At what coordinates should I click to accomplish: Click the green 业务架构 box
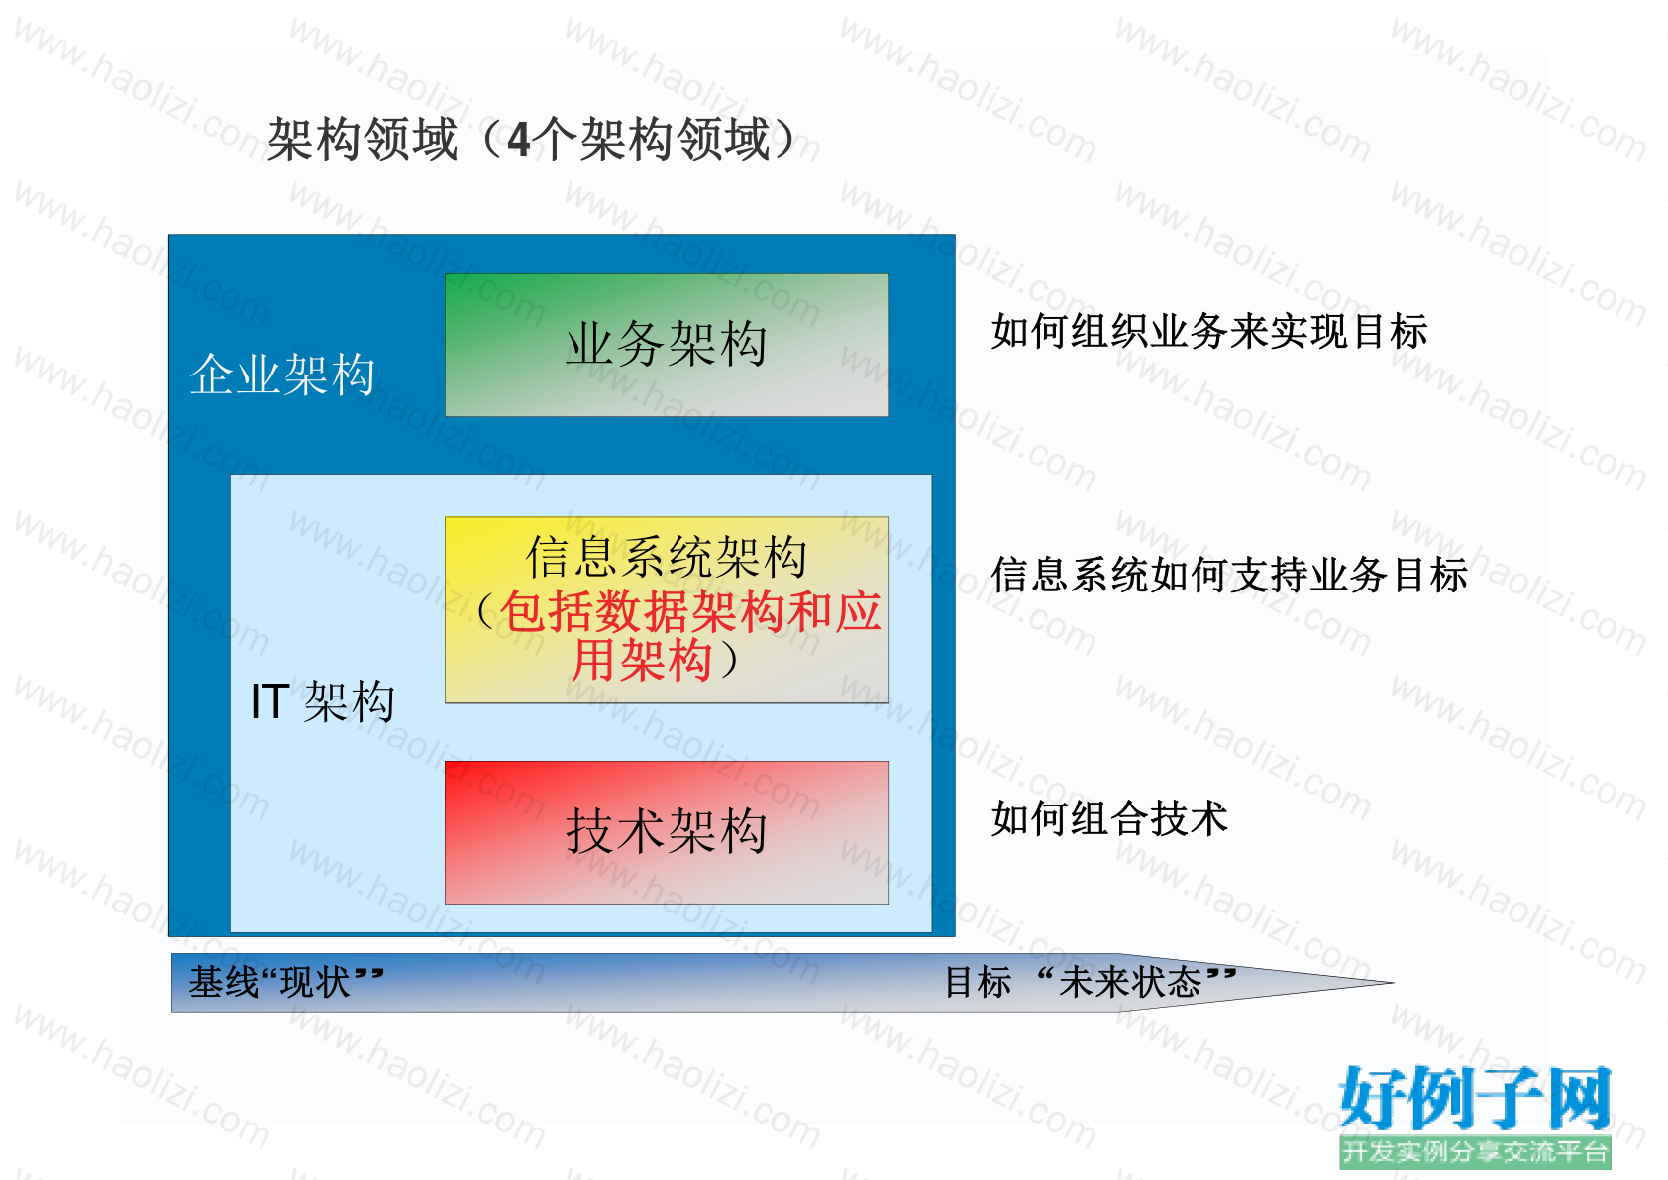coord(667,345)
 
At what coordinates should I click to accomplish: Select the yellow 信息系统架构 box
coord(667,609)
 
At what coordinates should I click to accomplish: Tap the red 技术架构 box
coord(667,832)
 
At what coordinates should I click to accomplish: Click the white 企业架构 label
coord(282,374)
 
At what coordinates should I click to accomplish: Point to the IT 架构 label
coord(323,701)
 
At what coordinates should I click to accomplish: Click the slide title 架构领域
coord(362,140)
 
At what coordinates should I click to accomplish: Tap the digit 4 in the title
coord(518,140)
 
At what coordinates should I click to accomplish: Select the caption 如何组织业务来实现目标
coord(1209,331)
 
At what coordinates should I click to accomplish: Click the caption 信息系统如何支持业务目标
coord(1229,575)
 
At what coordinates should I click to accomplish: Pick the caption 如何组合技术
coord(1109,818)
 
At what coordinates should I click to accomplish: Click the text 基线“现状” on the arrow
coord(286,982)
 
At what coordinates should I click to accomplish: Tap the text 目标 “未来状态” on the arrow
coord(1091,982)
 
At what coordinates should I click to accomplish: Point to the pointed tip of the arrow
coord(1394,983)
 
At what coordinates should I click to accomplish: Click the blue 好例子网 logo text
coord(1475,1098)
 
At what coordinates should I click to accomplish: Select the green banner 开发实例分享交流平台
coord(1475,1151)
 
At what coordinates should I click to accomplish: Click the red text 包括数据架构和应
coord(690,611)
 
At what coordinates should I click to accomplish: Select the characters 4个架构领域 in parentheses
coord(638,140)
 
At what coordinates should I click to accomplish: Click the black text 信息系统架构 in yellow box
coord(667,557)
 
